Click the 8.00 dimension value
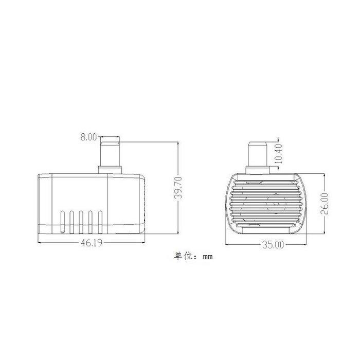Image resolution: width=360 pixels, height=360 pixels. pos(88,137)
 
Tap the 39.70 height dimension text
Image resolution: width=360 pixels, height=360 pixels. pos(178,188)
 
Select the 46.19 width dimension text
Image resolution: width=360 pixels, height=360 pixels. pos(92,243)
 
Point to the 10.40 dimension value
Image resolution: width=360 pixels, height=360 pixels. pos(278,154)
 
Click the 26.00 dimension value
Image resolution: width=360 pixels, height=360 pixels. pos(325,204)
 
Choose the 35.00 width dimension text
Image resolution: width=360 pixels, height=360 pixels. pos(273,245)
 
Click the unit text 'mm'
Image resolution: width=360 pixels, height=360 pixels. pos(208,257)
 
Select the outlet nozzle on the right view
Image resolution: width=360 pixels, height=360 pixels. pos(257,154)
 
